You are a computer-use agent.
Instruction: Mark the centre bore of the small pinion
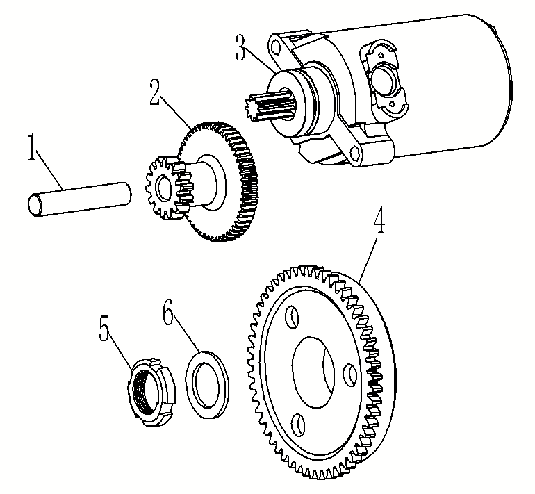tap(162, 187)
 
